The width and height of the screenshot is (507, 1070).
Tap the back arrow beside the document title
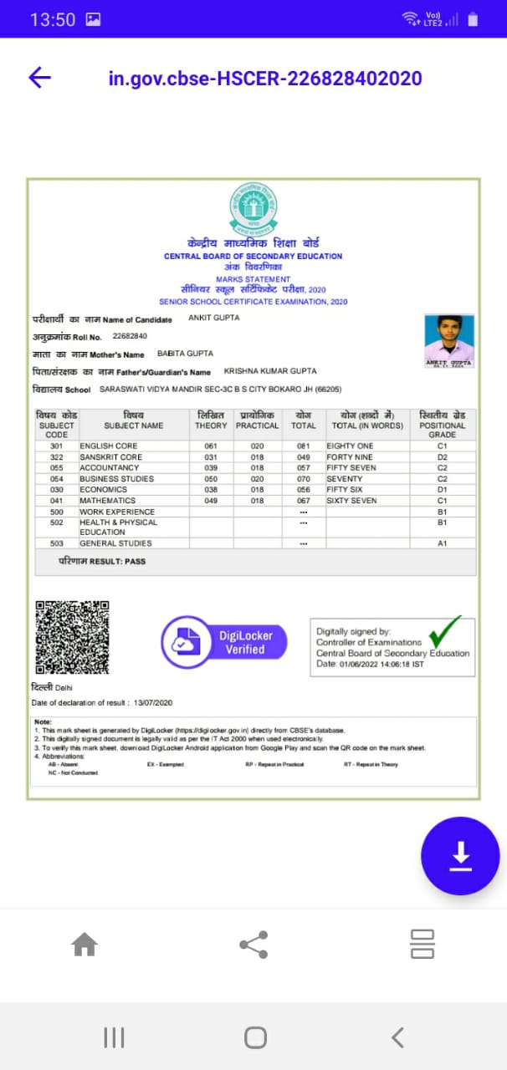(40, 78)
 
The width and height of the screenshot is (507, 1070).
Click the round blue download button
(460, 855)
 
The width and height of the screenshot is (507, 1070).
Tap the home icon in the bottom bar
(84, 945)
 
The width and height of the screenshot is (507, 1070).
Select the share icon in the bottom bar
(253, 945)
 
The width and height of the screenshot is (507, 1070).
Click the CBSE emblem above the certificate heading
(253, 211)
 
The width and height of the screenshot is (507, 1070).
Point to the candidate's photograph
(449, 340)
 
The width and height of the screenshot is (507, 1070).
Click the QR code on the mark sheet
(72, 638)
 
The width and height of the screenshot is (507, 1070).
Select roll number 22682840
(129, 336)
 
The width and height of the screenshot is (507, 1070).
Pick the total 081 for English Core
(303, 446)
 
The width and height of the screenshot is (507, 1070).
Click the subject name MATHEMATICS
(107, 501)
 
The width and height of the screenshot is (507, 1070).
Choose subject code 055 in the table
(57, 468)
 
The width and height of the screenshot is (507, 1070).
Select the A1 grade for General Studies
(443, 543)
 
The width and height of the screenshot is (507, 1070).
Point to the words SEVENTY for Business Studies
(345, 479)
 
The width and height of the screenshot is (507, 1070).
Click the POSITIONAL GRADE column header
(443, 425)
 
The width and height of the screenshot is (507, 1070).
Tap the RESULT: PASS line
(102, 561)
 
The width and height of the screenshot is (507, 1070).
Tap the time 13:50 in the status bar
(53, 19)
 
